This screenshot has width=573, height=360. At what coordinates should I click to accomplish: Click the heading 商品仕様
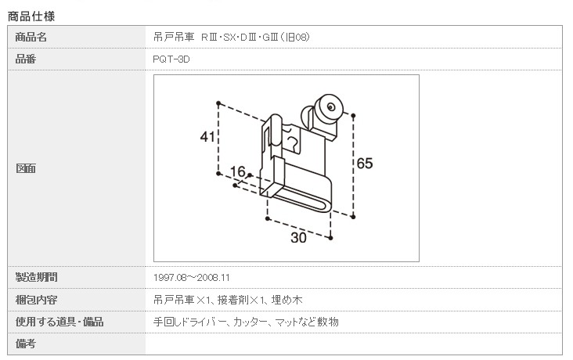click(x=31, y=15)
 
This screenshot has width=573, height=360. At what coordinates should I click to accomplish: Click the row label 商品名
click(x=31, y=37)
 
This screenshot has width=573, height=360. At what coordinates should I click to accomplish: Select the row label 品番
click(x=26, y=59)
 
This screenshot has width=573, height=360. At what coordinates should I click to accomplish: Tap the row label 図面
click(x=26, y=168)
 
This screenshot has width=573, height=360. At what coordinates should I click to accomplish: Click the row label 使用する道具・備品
click(x=59, y=321)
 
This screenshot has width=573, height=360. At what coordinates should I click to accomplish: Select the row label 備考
click(x=26, y=343)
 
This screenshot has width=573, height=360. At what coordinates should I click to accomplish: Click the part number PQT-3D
click(x=171, y=59)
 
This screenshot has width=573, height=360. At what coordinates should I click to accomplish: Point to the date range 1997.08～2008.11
click(x=192, y=277)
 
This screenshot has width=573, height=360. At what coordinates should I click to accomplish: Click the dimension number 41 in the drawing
click(x=207, y=138)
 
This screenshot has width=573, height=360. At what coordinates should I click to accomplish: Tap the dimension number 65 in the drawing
click(x=365, y=164)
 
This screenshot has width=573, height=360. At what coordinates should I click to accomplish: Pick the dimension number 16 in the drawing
click(x=238, y=171)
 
